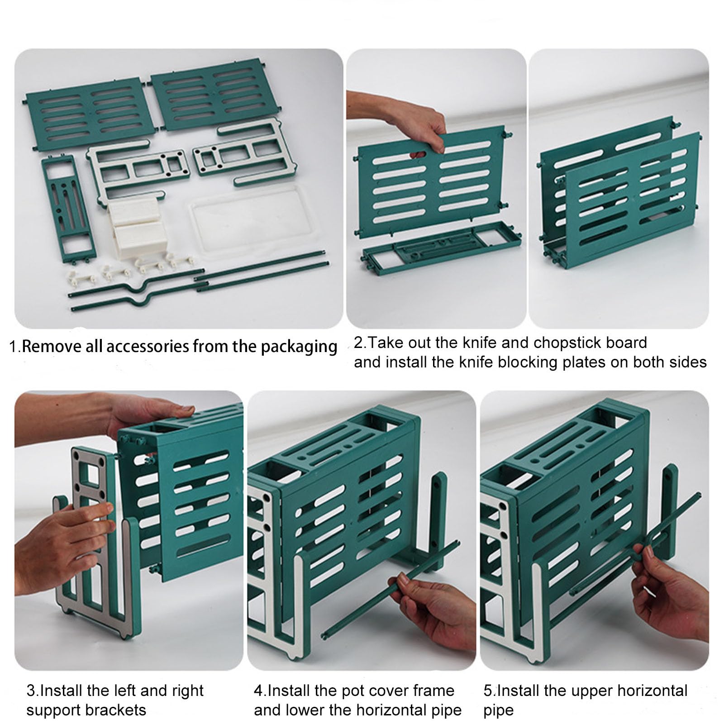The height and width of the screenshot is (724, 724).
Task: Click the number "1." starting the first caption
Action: click(15, 347)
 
